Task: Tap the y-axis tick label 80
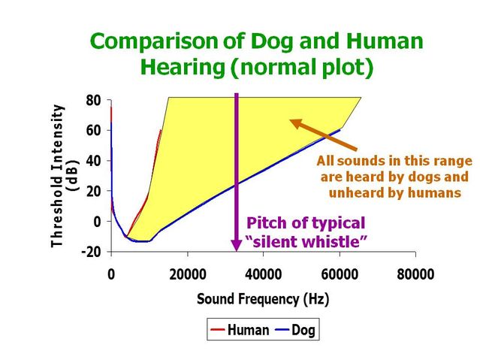click(94, 100)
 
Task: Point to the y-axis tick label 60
click(94, 130)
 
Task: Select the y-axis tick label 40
click(94, 161)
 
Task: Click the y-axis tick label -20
click(92, 252)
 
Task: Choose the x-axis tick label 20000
click(187, 274)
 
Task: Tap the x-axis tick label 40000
click(264, 274)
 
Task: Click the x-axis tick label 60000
click(340, 274)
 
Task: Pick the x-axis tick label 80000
click(415, 274)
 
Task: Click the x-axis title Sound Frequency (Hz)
click(263, 299)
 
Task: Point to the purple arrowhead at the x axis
click(237, 247)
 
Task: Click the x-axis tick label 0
click(111, 274)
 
